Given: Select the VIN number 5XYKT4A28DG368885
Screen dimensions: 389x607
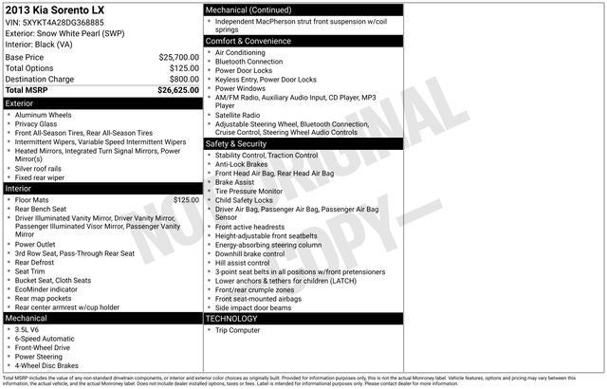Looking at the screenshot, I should click(x=68, y=23).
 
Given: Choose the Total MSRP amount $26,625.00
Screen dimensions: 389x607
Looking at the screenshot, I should click(x=178, y=91).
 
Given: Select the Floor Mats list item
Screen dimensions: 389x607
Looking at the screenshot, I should click(x=32, y=200).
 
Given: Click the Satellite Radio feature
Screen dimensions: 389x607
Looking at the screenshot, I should click(x=237, y=116).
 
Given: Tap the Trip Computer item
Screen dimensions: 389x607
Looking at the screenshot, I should click(x=238, y=330).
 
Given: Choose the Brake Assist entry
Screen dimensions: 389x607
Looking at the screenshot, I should click(x=236, y=181).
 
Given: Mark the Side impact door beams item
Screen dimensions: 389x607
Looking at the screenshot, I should click(x=252, y=307).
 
